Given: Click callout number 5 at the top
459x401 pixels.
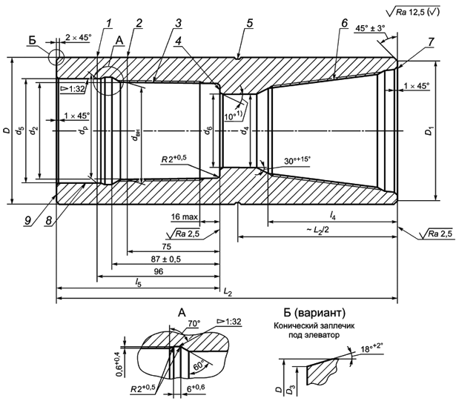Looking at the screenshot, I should (250, 22).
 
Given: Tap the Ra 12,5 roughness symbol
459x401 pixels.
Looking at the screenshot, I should (420, 11).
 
